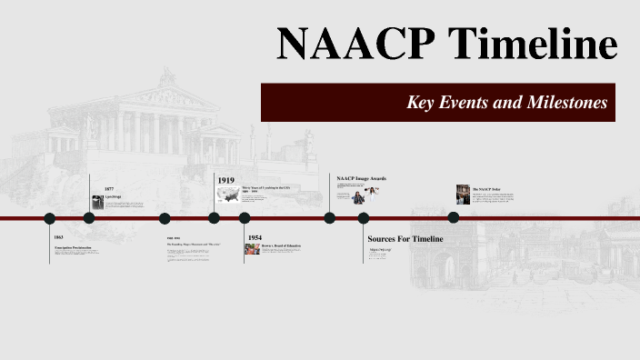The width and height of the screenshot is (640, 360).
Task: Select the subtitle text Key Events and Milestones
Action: pos(506,103)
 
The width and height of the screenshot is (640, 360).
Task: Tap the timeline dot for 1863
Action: pos(50,218)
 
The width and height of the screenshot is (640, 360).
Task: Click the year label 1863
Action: pos(59,236)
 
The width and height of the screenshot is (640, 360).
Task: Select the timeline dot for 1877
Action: pos(89,218)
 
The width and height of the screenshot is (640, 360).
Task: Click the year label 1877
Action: pos(109,188)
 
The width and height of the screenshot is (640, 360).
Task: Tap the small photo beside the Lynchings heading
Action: pos(97,203)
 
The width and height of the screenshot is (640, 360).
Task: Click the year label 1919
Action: pos(226,180)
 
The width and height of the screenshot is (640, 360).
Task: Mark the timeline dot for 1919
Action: pos(214,218)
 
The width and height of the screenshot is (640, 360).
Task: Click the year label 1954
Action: pos(255,236)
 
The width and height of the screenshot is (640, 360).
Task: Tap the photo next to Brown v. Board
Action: pos(253,249)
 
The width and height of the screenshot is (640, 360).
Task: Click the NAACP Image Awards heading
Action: pos(361,178)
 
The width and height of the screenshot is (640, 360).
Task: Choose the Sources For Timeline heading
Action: pos(405,238)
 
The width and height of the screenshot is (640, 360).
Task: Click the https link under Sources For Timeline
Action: pos(379,249)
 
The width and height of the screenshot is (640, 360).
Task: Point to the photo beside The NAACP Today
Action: pos(463,194)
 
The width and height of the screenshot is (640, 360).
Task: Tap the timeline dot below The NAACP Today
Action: pos(454,218)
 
